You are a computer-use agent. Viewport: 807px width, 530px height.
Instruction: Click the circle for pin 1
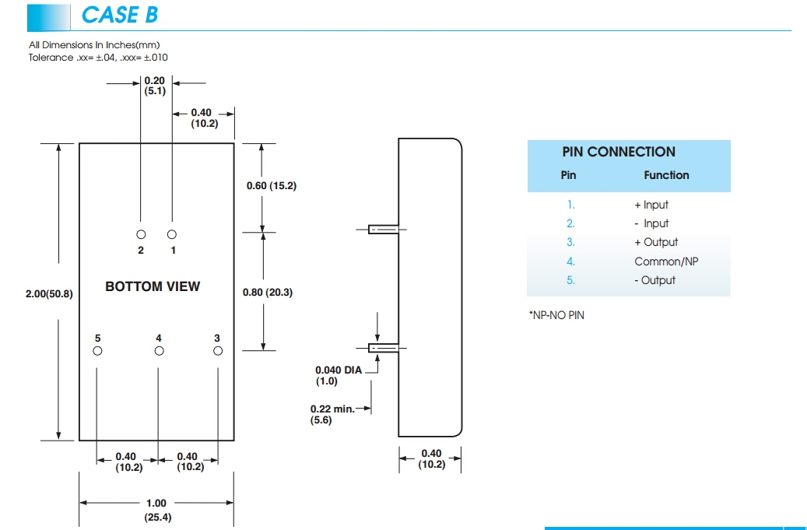pyautogui.click(x=172, y=234)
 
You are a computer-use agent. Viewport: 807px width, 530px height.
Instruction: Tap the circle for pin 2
pyautogui.click(x=141, y=234)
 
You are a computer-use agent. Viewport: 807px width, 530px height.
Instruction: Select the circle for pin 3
pyautogui.click(x=218, y=352)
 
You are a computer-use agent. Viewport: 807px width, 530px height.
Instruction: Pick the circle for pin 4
pyautogui.click(x=159, y=352)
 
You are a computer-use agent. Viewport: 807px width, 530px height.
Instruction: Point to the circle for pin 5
pyautogui.click(x=97, y=352)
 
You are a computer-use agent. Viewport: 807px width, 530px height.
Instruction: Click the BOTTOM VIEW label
pyautogui.click(x=153, y=286)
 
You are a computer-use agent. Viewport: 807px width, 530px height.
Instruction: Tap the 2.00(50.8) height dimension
pyautogui.click(x=49, y=293)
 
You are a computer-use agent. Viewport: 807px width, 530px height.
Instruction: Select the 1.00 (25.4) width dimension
pyautogui.click(x=156, y=510)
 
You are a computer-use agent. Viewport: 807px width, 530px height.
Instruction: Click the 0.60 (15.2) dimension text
pyautogui.click(x=272, y=186)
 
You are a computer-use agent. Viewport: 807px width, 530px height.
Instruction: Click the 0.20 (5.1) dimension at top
pyautogui.click(x=155, y=86)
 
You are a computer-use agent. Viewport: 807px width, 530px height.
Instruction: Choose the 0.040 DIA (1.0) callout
pyautogui.click(x=339, y=376)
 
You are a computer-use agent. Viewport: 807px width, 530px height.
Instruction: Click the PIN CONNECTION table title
pyautogui.click(x=619, y=152)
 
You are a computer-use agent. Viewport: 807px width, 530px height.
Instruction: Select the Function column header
pyautogui.click(x=666, y=175)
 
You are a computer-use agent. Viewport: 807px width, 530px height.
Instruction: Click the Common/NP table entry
pyautogui.click(x=666, y=261)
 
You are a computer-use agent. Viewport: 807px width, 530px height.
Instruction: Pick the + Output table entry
pyautogui.click(x=656, y=242)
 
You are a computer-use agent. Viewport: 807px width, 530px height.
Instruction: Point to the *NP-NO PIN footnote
pyautogui.click(x=556, y=315)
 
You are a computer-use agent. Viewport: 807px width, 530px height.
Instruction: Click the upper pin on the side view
pyautogui.click(x=384, y=230)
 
